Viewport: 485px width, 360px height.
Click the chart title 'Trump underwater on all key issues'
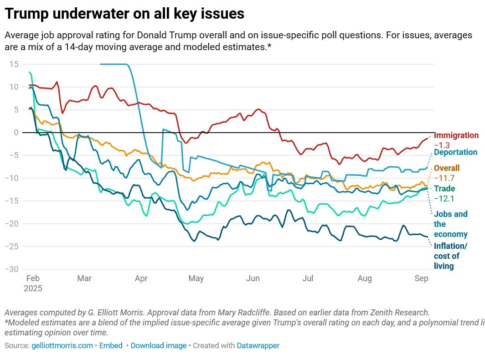pos(124,14)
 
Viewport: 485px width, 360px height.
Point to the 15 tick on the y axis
pos(14,64)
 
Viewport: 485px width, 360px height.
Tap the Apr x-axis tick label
pos(141,278)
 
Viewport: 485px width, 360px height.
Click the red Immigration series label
pos(456,135)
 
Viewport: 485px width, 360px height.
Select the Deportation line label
pos(455,152)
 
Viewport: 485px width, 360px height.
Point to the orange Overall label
pos(447,168)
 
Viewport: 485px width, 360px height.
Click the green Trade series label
pos(444,189)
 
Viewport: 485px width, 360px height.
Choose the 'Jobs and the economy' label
pos(450,224)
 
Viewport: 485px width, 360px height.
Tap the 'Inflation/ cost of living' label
pos(450,256)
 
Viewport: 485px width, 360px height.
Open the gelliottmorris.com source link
pos(62,345)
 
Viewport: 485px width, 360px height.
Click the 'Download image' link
pos(158,345)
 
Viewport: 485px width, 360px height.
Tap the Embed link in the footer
pos(111,345)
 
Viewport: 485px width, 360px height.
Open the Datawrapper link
pos(258,345)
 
